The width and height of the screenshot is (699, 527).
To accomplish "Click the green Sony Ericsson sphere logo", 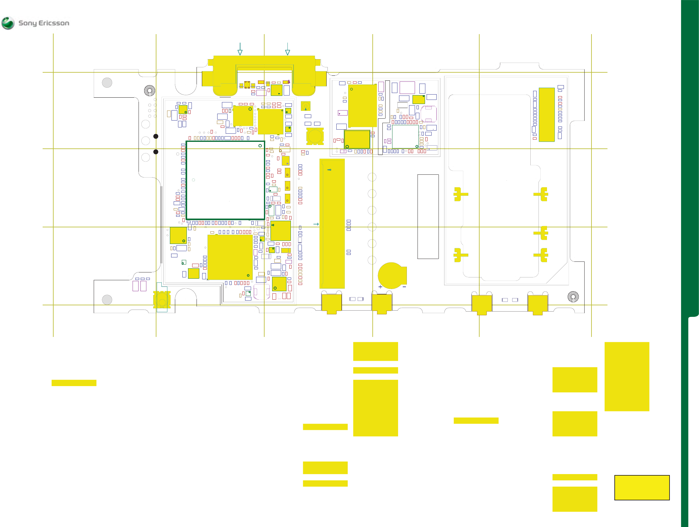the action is coord(8,23).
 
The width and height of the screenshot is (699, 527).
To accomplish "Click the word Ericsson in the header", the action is coord(54,23).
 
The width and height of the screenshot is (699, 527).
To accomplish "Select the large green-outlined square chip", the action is coord(225,180).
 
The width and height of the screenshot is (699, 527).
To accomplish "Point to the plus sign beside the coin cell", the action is coord(380,287).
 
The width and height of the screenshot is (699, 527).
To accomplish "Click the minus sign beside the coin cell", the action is coord(404,287).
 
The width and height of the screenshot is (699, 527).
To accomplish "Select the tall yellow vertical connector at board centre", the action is coord(332,224).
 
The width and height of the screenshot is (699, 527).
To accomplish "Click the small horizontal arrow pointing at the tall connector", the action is coord(316,224).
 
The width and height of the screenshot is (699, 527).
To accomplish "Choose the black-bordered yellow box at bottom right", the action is coord(642,488).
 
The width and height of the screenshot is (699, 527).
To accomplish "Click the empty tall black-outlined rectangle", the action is coord(428,217).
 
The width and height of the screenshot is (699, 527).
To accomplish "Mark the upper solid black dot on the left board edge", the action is coord(156,136).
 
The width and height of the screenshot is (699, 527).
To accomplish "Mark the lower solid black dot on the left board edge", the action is coord(156,152).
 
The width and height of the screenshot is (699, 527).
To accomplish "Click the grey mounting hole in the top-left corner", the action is coord(107,83).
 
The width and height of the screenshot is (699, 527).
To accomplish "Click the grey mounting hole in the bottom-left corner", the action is coord(107,300).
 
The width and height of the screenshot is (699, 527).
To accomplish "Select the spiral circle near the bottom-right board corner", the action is coord(573,297).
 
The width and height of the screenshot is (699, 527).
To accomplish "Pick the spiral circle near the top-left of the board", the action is coord(150,90).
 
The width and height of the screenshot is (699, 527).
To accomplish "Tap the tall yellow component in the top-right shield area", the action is coord(547,115).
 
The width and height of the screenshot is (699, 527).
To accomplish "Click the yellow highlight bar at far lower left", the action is coord(74,383).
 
